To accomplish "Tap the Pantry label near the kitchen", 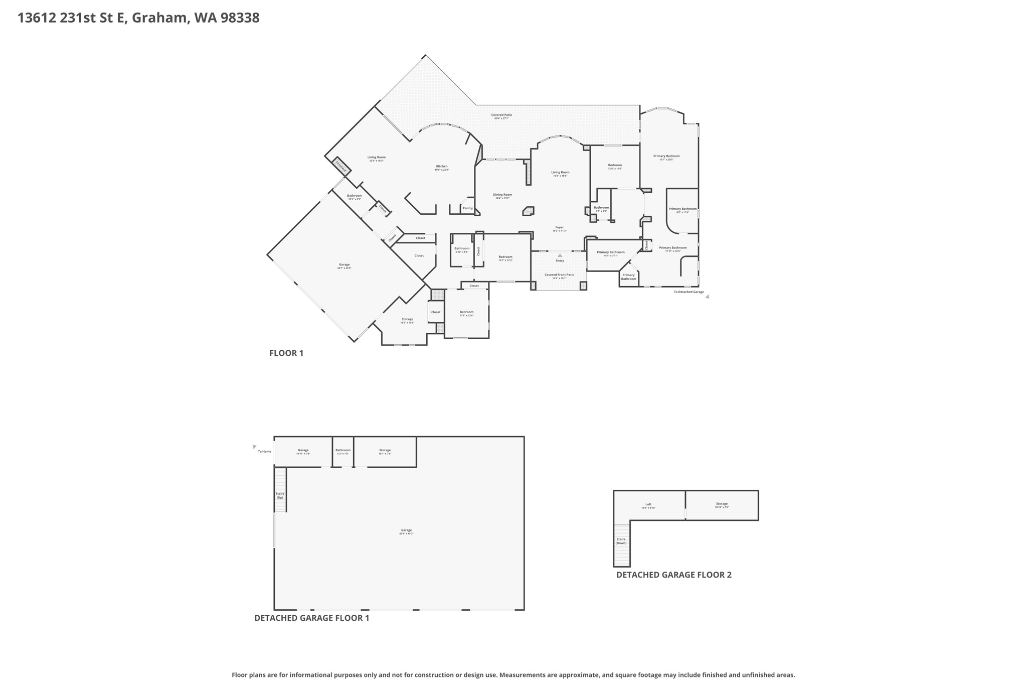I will [467, 208].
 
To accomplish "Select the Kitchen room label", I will [441, 167].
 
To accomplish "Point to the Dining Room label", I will [502, 195].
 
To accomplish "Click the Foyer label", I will [559, 228].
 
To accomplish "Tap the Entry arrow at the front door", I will [560, 255].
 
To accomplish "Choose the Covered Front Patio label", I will [559, 275].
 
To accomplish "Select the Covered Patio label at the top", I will [501, 115].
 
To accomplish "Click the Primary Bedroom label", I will [666, 156].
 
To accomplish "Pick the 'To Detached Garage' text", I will [689, 292].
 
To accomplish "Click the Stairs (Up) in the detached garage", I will [280, 495].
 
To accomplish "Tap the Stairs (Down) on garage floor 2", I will [621, 541].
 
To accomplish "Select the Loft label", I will [648, 504].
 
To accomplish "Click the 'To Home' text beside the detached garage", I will [264, 452].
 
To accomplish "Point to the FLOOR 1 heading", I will [286, 353].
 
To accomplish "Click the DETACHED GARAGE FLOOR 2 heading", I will [673, 575].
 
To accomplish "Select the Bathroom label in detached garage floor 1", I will [343, 450].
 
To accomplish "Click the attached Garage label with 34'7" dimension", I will [344, 265].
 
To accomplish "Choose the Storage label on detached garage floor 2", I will [721, 504].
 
